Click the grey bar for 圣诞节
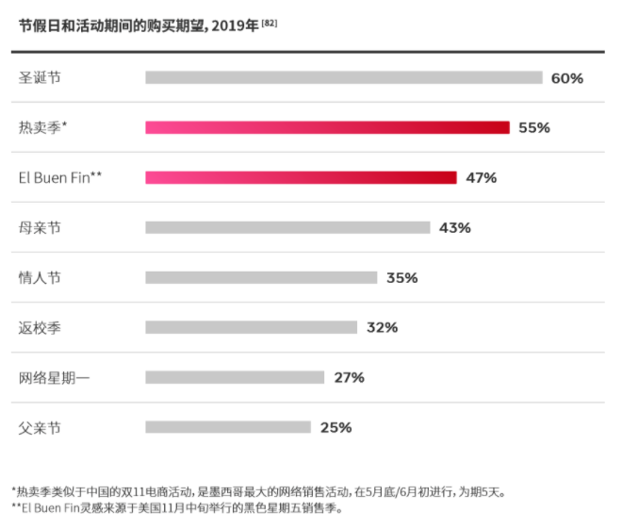click(343, 77)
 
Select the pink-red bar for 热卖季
click(327, 127)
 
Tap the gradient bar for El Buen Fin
click(301, 177)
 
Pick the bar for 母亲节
click(287, 227)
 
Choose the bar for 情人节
click(261, 277)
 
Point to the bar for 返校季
click(251, 327)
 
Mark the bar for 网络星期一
click(235, 377)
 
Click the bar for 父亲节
click(227, 427)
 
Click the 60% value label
click(567, 78)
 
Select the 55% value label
click(534, 128)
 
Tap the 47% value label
click(481, 178)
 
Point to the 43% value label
click(454, 228)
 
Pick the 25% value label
click(336, 428)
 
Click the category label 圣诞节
click(40, 78)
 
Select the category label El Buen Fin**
click(59, 177)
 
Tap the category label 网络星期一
click(55, 378)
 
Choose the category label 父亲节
click(40, 428)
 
